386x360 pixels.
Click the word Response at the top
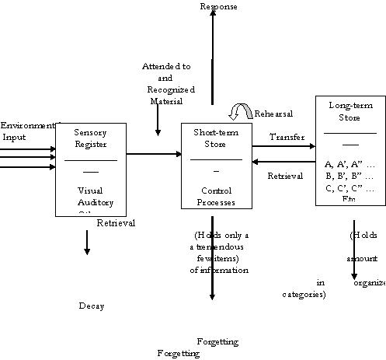[218, 7]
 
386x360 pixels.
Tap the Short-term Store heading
[210, 138]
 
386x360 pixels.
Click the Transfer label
[287, 137]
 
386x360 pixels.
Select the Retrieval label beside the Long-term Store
[285, 176]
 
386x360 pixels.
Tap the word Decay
[91, 306]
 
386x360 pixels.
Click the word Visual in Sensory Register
[90, 190]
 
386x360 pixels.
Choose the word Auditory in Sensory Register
[95, 202]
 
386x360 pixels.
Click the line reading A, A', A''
[349, 163]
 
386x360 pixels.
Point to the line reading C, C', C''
[349, 188]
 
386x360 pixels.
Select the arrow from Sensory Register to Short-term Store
[153, 153]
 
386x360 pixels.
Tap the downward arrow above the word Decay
[86, 243]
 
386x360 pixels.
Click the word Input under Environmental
[14, 137]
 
